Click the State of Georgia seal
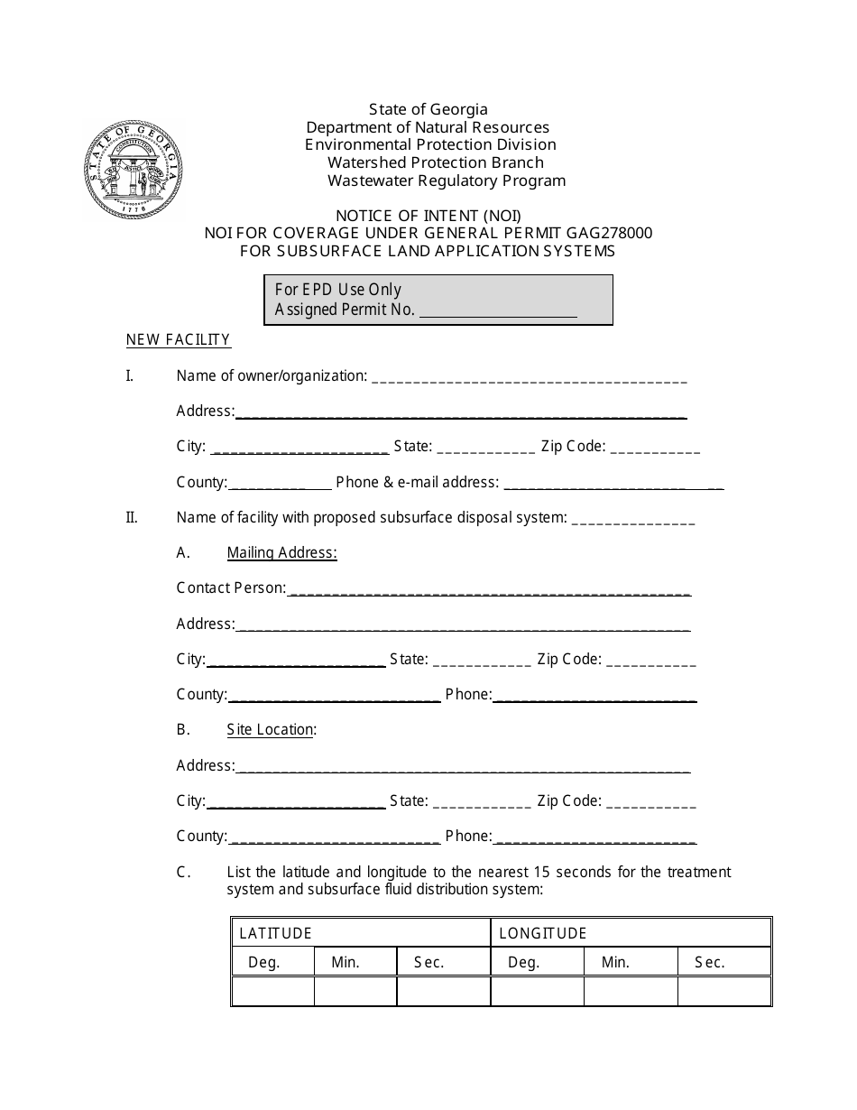point(134,169)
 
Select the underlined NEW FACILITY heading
point(179,340)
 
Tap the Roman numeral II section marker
point(132,518)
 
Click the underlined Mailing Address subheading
point(281,553)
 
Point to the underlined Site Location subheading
point(271,730)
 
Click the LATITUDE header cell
point(360,933)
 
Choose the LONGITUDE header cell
point(631,933)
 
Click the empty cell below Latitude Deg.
point(272,991)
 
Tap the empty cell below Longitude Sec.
point(724,991)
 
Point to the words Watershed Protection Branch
point(435,162)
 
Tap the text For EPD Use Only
point(338,290)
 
